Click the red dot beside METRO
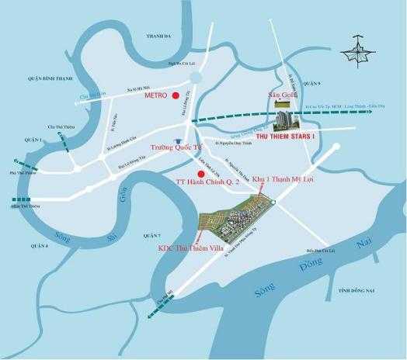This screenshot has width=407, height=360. tap(176, 95)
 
